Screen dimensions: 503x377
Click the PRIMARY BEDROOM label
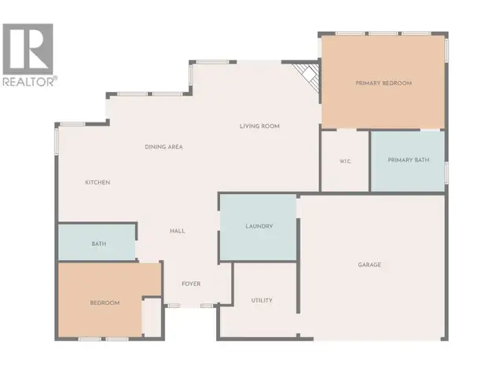(x=384, y=83)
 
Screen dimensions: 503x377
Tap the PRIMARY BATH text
(x=409, y=160)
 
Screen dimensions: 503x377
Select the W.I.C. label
(x=345, y=161)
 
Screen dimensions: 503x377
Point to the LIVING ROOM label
(x=259, y=126)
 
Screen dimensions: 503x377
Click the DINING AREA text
(x=164, y=147)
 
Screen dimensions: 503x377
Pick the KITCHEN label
(x=97, y=182)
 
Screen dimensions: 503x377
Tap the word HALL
(x=178, y=231)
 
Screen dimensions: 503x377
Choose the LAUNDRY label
(x=259, y=226)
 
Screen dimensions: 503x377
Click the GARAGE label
(x=369, y=265)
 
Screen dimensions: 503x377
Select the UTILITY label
(x=262, y=300)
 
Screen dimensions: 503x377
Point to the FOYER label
(x=191, y=284)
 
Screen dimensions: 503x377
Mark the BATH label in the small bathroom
(x=99, y=243)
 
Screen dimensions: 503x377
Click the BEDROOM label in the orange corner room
(x=105, y=302)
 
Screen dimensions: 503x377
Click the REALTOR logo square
(x=28, y=49)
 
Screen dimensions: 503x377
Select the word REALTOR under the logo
(x=30, y=82)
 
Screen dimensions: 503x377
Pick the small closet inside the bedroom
(x=152, y=317)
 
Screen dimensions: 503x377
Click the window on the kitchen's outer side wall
(x=57, y=141)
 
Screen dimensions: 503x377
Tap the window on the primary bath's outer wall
(x=446, y=173)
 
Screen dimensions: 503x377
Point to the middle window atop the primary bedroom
(x=384, y=33)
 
